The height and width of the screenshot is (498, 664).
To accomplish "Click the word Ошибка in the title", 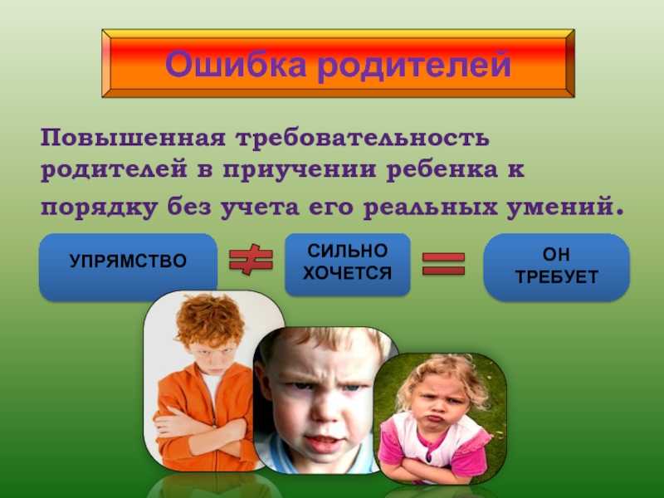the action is (x=235, y=64).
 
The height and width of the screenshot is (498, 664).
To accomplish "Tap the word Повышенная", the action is (x=133, y=138).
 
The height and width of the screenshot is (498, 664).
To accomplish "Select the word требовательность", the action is (x=363, y=138).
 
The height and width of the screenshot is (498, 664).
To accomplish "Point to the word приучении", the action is (x=299, y=170).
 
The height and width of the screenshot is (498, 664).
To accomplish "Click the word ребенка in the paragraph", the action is (x=442, y=169).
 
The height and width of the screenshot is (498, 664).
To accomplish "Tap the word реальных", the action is (x=430, y=208).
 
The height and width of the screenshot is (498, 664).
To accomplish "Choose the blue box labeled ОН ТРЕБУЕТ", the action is (x=556, y=266).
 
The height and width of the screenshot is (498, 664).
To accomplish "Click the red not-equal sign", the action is (x=251, y=260).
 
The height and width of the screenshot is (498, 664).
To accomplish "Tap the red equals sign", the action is (x=444, y=264).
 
